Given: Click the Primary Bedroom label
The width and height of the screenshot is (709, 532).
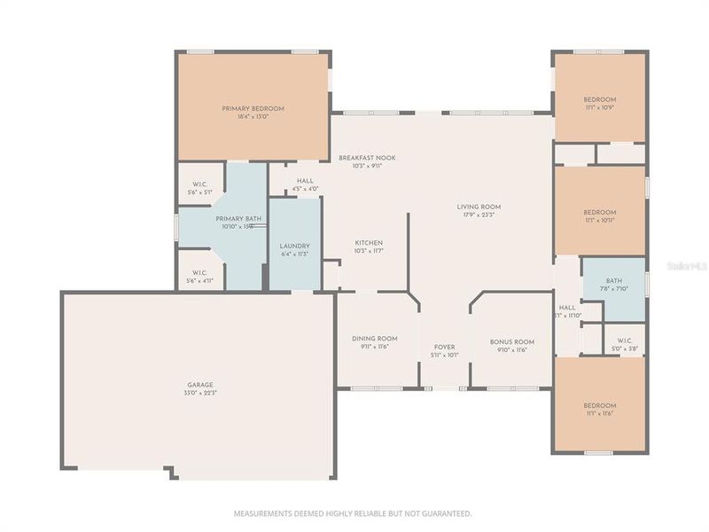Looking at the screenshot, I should [x=253, y=108].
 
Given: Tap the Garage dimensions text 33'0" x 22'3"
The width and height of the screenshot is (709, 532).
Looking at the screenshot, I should [x=199, y=393].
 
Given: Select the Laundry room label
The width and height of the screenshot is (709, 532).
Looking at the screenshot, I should [x=293, y=246].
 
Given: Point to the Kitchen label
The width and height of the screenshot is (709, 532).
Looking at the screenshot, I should [x=368, y=243].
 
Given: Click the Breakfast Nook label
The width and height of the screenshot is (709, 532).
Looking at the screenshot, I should [x=367, y=158].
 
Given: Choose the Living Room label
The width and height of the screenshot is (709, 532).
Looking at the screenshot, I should [x=479, y=207].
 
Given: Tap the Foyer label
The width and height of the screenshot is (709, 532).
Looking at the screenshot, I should [x=445, y=347].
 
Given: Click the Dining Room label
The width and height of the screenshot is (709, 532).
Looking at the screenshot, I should [x=380, y=339].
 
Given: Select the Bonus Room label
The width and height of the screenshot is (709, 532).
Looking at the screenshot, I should [x=512, y=341].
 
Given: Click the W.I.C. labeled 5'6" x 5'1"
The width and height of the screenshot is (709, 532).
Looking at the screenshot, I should [x=199, y=184].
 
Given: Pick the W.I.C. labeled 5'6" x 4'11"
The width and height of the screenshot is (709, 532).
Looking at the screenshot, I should [x=199, y=273].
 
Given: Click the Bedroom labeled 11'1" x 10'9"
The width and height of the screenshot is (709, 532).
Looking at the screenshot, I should [x=599, y=99].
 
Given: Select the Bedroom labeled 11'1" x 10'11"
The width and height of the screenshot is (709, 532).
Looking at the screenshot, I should [x=599, y=212].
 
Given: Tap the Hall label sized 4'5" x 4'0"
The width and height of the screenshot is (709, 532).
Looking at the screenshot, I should [x=305, y=181].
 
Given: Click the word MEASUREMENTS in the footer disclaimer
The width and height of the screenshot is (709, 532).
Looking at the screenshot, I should [x=263, y=513].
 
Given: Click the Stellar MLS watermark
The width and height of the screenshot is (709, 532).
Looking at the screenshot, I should [x=689, y=264].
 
